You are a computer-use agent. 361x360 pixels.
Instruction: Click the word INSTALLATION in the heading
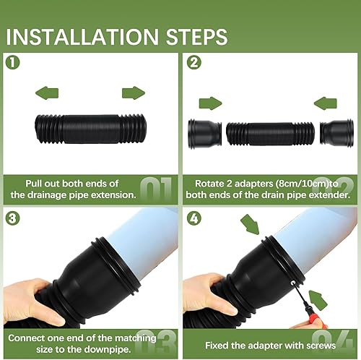click(x=82, y=37)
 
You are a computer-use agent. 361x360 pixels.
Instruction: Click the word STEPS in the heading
click(x=196, y=37)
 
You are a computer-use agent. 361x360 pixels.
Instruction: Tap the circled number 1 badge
click(x=12, y=62)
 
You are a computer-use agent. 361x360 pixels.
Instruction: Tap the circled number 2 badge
click(x=194, y=62)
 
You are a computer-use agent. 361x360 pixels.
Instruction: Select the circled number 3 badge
click(x=12, y=218)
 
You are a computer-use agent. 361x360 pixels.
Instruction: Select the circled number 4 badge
click(x=194, y=218)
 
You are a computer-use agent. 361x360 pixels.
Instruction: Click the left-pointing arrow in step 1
click(x=47, y=93)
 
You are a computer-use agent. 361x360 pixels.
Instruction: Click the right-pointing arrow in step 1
click(x=134, y=93)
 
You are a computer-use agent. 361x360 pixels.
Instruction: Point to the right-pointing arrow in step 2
click(x=210, y=103)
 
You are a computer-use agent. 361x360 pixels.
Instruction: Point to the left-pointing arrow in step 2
click(x=326, y=103)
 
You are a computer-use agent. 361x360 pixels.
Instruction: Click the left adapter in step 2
click(x=204, y=134)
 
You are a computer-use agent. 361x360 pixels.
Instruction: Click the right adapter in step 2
click(x=336, y=134)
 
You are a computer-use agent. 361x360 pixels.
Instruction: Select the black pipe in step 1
click(x=91, y=129)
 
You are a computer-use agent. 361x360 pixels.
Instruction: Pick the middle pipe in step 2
click(x=270, y=134)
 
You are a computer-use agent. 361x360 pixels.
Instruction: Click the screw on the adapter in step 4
click(x=293, y=283)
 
